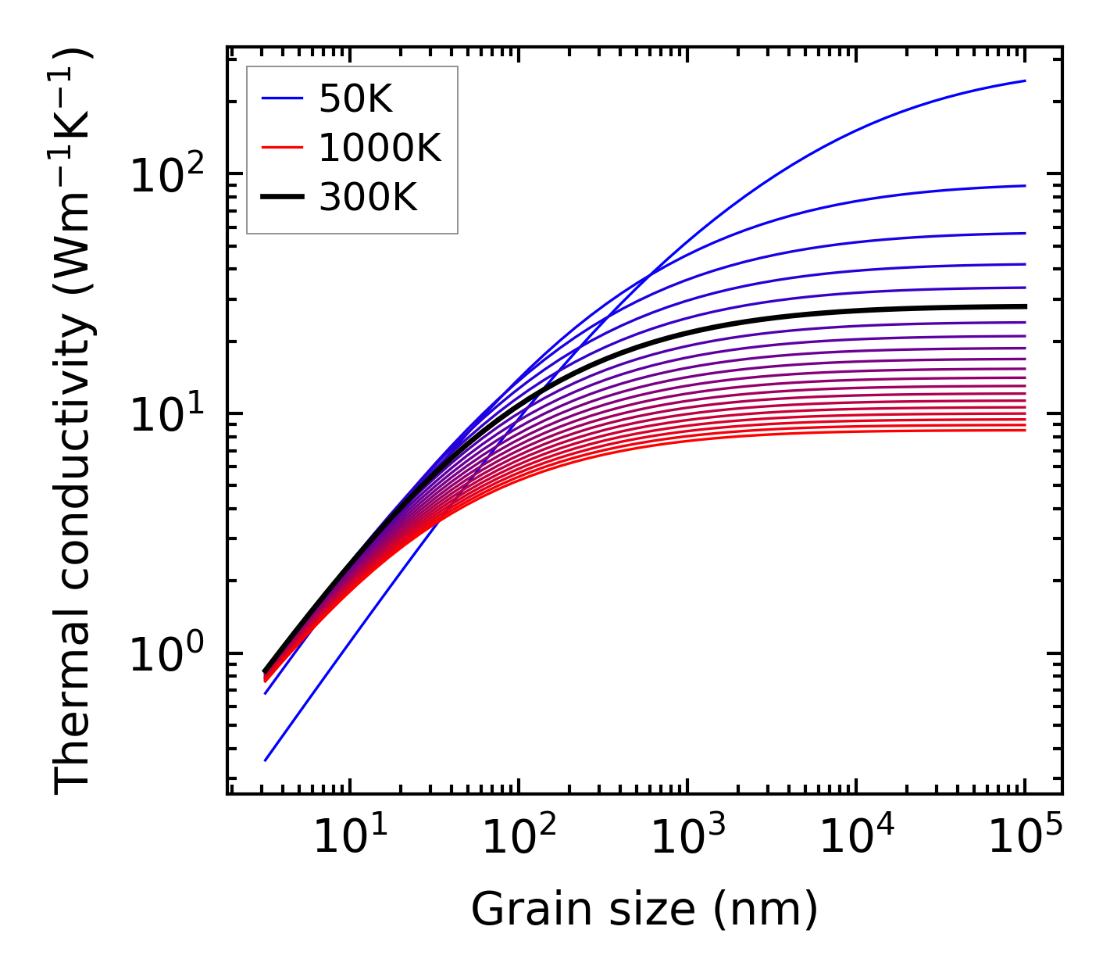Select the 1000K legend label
coord(380,148)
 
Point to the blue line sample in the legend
coord(282,98)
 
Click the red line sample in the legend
coord(282,148)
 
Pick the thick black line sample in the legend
coord(282,198)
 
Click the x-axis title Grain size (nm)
coord(644,910)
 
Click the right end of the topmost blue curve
coord(1025,80)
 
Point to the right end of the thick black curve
coord(1025,306)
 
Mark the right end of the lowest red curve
coord(1025,430)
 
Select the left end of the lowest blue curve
coord(266,760)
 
